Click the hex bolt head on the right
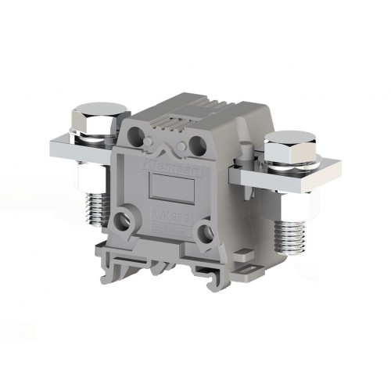290,145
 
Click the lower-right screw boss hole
206,230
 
